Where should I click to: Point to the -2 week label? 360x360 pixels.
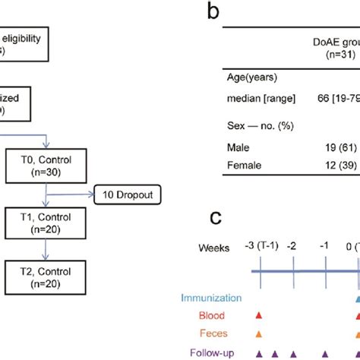(x=295, y=248)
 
